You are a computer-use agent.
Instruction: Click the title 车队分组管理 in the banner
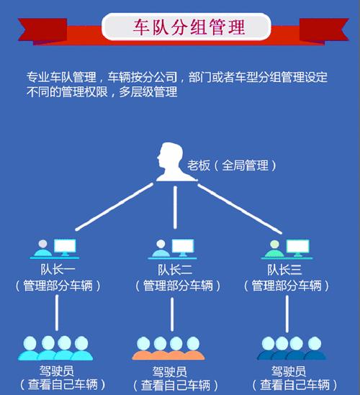[x=189, y=27]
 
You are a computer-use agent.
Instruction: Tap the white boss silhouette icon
[x=174, y=162]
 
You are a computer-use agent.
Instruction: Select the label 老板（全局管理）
[x=231, y=165]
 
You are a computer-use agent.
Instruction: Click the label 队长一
[x=58, y=270]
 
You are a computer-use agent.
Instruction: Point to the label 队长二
[x=175, y=270]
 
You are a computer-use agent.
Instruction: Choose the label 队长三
[x=284, y=270]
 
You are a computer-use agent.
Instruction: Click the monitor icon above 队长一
[x=65, y=248]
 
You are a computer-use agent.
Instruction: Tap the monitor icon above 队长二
[x=183, y=248]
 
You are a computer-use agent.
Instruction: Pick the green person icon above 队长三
[x=274, y=249]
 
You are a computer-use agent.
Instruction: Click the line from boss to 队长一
[x=114, y=206]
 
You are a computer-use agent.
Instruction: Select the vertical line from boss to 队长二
[x=175, y=208]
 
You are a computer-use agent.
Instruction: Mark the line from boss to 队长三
[x=240, y=209]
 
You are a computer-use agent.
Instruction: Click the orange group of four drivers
[x=168, y=348]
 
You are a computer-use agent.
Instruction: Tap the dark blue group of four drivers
[x=292, y=348]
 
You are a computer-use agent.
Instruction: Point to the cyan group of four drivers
[x=55, y=348]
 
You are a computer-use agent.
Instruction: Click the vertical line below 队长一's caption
[x=57, y=313]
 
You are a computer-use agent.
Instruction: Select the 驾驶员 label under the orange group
[x=169, y=371]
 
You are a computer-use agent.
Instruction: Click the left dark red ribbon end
[x=42, y=31]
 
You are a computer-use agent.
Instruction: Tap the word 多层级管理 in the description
[x=148, y=91]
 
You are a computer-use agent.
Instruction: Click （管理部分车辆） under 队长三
[x=287, y=286]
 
